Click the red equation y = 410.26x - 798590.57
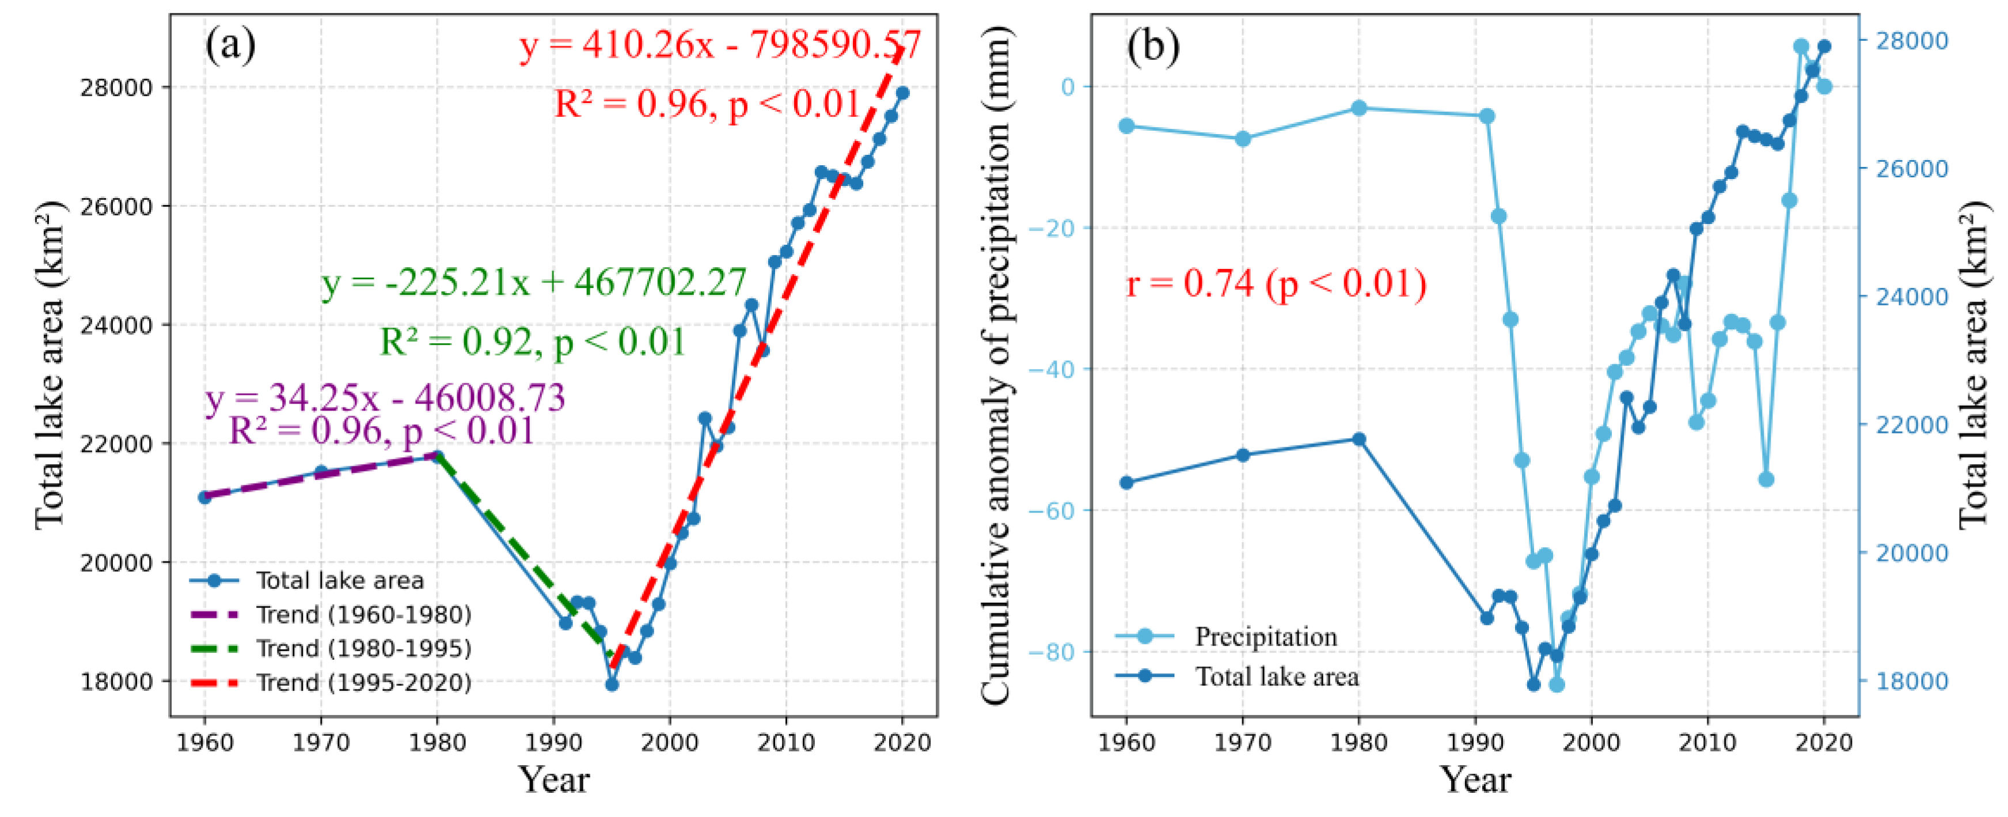point(720,45)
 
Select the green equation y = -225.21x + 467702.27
point(534,282)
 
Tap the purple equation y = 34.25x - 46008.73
point(385,398)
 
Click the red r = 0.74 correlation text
point(1276,284)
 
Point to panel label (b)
point(1152,47)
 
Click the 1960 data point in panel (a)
point(205,497)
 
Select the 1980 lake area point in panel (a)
point(437,456)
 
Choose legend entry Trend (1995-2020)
point(363,683)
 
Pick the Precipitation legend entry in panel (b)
point(1265,637)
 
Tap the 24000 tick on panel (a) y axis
point(115,326)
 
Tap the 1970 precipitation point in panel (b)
point(1243,139)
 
